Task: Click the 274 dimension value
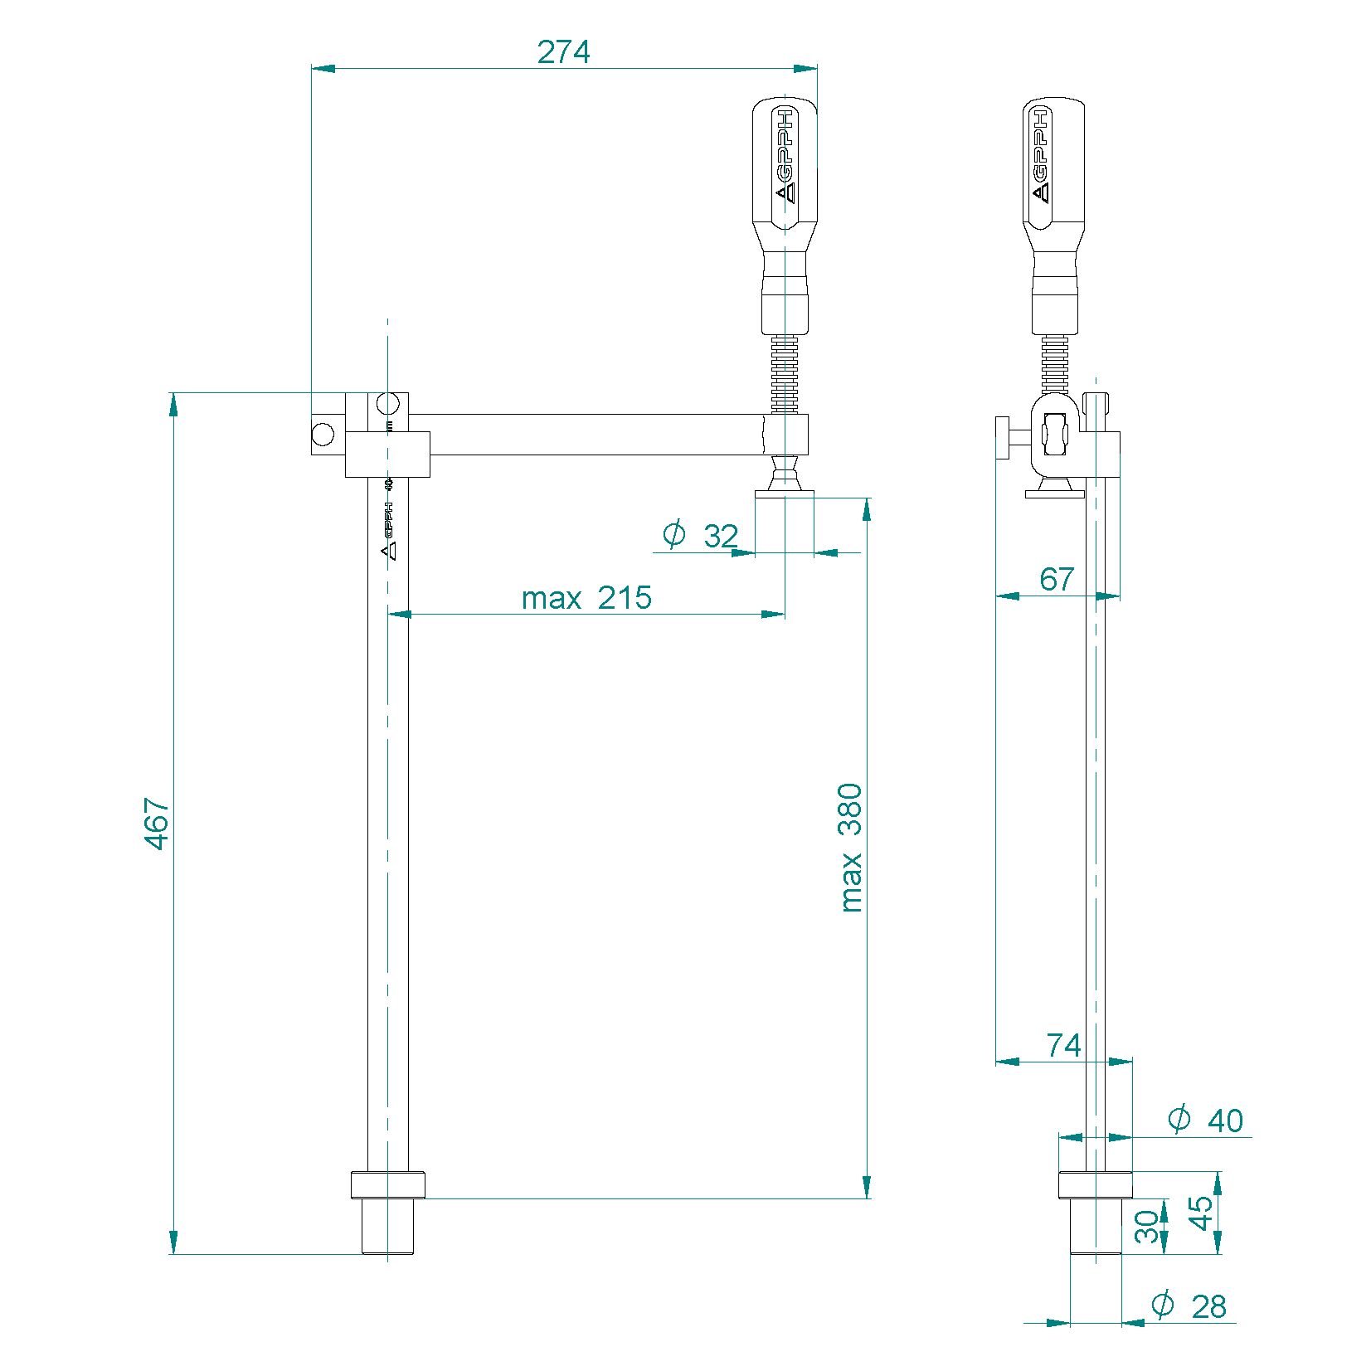pyautogui.click(x=563, y=51)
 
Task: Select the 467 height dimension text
pyautogui.click(x=156, y=823)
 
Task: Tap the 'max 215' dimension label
pyautogui.click(x=586, y=597)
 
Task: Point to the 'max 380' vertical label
pyautogui.click(x=850, y=847)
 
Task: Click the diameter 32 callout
pyautogui.click(x=701, y=535)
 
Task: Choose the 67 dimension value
pyautogui.click(x=1057, y=579)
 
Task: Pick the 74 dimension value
pyautogui.click(x=1063, y=1045)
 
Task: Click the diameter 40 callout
pyautogui.click(x=1205, y=1120)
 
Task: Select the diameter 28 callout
pyautogui.click(x=1189, y=1305)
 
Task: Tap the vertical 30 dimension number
pyautogui.click(x=1146, y=1227)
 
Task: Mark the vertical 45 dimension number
pyautogui.click(x=1199, y=1213)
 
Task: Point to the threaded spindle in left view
pyautogui.click(x=785, y=374)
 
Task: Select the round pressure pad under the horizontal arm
pyautogui.click(x=785, y=493)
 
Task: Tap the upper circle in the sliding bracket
pyautogui.click(x=387, y=404)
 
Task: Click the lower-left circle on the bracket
pyautogui.click(x=323, y=433)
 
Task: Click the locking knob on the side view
pyautogui.click(x=1004, y=437)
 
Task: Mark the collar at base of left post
pyautogui.click(x=387, y=1184)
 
